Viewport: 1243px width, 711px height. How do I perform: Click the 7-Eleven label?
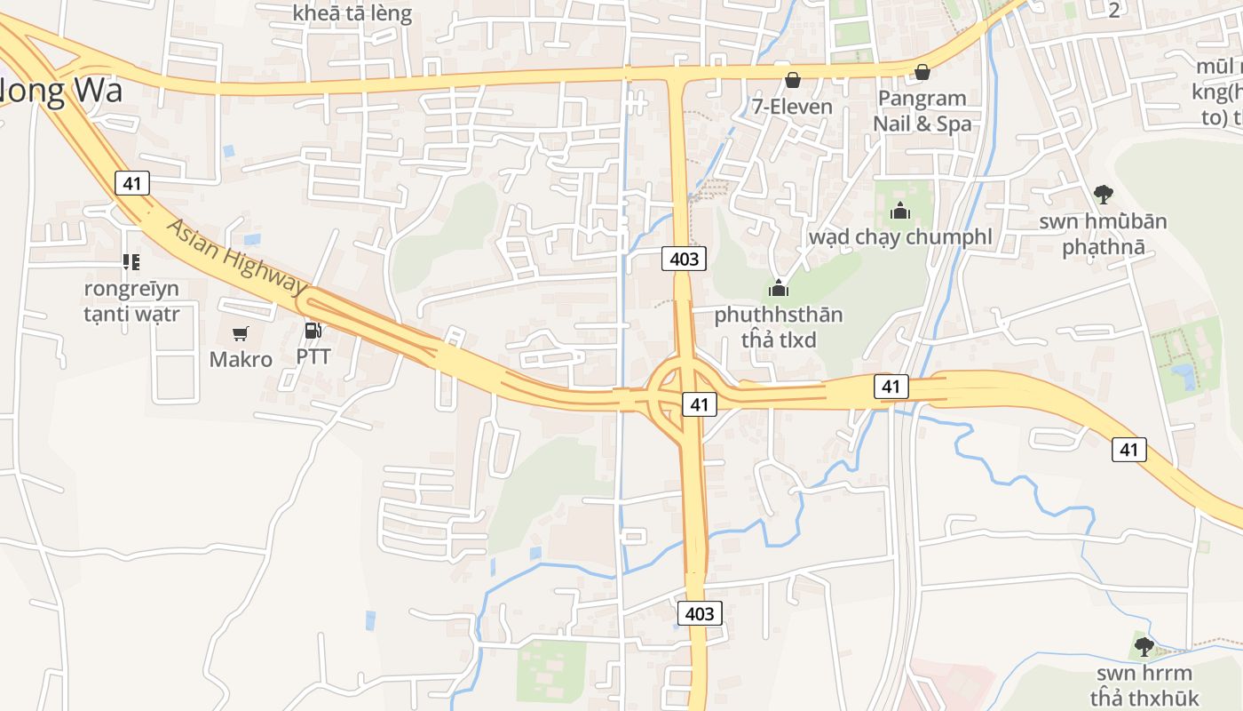(792, 107)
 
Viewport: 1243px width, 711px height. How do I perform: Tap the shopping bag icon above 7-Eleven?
(792, 80)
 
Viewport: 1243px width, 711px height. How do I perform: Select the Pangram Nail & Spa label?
(922, 111)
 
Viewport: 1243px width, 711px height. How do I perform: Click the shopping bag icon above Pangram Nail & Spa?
(922, 71)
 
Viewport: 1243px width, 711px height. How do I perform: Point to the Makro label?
(241, 359)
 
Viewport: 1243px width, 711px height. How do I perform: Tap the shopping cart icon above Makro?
(240, 333)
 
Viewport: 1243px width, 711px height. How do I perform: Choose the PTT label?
(313, 356)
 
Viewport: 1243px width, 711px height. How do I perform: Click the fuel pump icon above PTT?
(313, 331)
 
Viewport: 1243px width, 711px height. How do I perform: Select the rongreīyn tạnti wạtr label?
(131, 301)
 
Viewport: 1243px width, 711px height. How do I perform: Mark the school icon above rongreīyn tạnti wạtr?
(131, 261)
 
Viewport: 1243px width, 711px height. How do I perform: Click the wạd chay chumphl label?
(900, 237)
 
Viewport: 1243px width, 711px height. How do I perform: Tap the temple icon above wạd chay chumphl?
(900, 212)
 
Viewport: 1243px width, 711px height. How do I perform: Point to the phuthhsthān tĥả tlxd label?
(779, 327)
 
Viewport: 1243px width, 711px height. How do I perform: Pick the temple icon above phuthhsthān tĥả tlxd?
(779, 288)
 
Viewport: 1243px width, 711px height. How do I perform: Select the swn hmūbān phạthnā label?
(1104, 234)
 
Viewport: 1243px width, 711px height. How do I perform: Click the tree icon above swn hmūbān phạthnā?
(1104, 194)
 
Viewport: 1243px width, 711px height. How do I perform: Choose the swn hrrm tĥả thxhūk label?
(1144, 685)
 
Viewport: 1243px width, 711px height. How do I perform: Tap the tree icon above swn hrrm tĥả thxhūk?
(1144, 646)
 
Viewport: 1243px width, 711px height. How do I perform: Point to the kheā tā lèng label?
(352, 13)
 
